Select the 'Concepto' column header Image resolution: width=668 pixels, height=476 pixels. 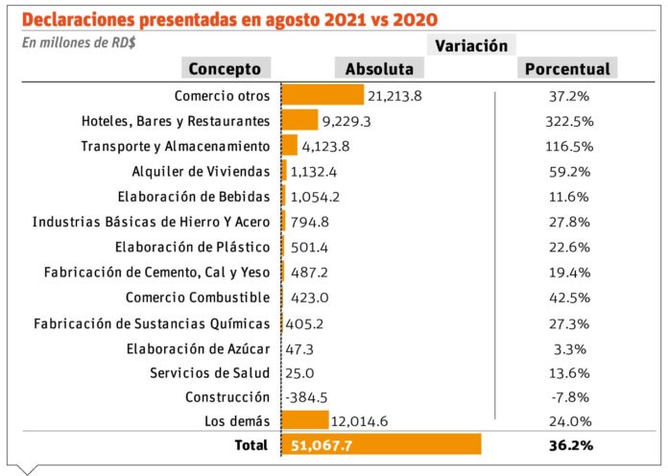click(x=225, y=68)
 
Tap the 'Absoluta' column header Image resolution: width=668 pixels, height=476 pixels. click(x=379, y=68)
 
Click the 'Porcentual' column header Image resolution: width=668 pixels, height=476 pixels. click(x=566, y=68)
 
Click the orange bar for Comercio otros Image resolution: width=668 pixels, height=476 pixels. click(x=322, y=95)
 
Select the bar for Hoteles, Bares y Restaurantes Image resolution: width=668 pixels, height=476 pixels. click(x=299, y=121)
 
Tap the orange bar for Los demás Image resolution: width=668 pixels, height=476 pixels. click(x=305, y=420)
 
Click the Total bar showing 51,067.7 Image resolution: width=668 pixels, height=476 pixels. click(x=381, y=445)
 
